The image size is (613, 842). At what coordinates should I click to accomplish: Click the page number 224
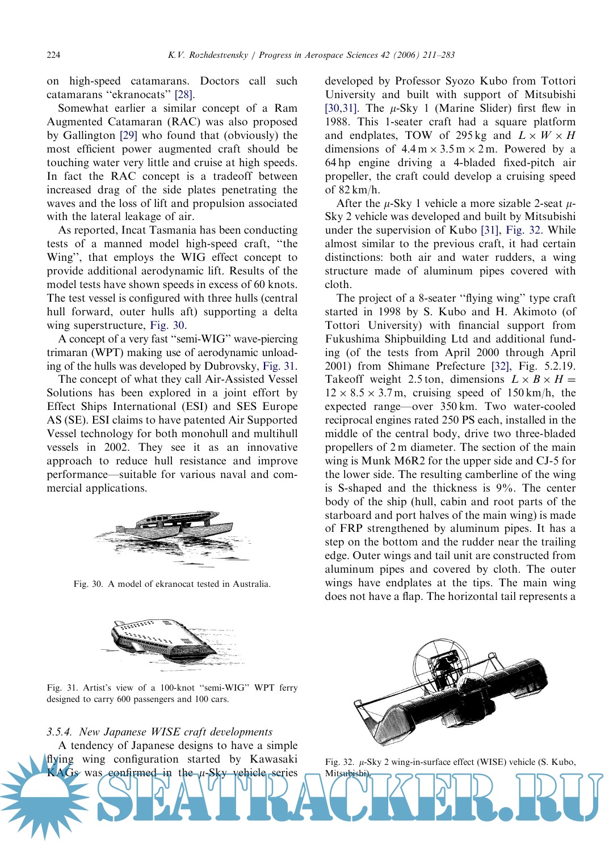click(53, 55)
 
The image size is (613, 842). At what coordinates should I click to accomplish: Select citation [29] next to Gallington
click(128, 136)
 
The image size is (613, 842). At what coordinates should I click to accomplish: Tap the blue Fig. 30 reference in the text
click(167, 325)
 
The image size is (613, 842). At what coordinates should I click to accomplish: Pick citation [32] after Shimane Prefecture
click(499, 366)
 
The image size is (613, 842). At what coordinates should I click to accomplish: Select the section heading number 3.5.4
click(60, 732)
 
